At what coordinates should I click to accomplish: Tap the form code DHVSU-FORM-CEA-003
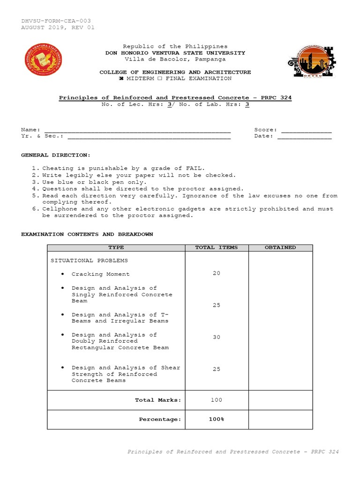tap(56, 21)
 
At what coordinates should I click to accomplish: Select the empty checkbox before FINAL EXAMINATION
tap(159, 79)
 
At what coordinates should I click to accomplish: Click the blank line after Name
tap(137, 130)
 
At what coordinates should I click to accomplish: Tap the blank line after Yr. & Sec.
tap(149, 136)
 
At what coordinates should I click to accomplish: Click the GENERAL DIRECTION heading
tap(56, 155)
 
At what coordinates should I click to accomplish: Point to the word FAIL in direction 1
tap(195, 168)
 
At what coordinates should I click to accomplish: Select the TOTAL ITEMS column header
tap(216, 247)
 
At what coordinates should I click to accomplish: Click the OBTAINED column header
tap(280, 247)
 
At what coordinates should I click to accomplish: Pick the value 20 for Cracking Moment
tap(216, 273)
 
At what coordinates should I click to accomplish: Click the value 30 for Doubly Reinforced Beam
tap(216, 337)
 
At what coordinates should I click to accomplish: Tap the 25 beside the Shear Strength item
tap(216, 369)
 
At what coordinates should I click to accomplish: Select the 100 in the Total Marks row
tap(216, 400)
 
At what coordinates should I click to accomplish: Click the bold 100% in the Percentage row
tap(216, 419)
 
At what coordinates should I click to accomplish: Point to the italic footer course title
tap(233, 452)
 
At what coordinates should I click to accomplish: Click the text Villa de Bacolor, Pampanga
tap(175, 60)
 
